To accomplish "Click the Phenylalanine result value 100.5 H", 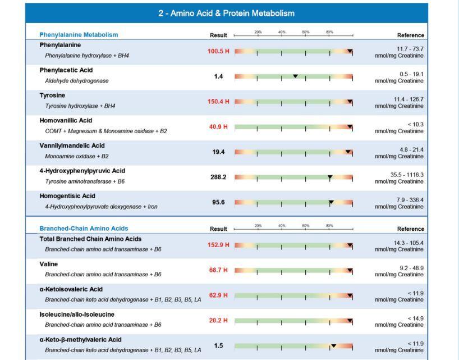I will point(218,52).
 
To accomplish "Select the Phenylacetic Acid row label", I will point(66,70).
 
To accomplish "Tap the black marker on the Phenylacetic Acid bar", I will point(295,76).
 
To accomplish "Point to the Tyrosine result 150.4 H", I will point(218,102).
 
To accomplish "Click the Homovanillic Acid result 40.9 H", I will point(218,127).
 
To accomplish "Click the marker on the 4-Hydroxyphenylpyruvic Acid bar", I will point(330,177).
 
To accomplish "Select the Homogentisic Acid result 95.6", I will point(218,202).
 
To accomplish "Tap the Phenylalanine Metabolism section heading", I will point(79,35).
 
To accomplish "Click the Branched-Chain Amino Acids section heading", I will point(84,229).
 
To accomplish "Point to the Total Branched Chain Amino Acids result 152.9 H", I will point(218,245).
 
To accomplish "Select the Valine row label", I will point(48,264).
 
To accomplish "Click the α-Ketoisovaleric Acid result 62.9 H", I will point(218,295).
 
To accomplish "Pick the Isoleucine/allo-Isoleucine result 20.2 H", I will point(218,321).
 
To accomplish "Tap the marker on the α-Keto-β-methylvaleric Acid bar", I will point(333,346).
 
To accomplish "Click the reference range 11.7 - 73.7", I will point(410,49).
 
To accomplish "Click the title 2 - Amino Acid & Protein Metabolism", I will point(226,13).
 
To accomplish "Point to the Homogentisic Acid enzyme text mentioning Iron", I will point(101,207).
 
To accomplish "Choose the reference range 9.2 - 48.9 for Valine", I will point(411,268).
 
